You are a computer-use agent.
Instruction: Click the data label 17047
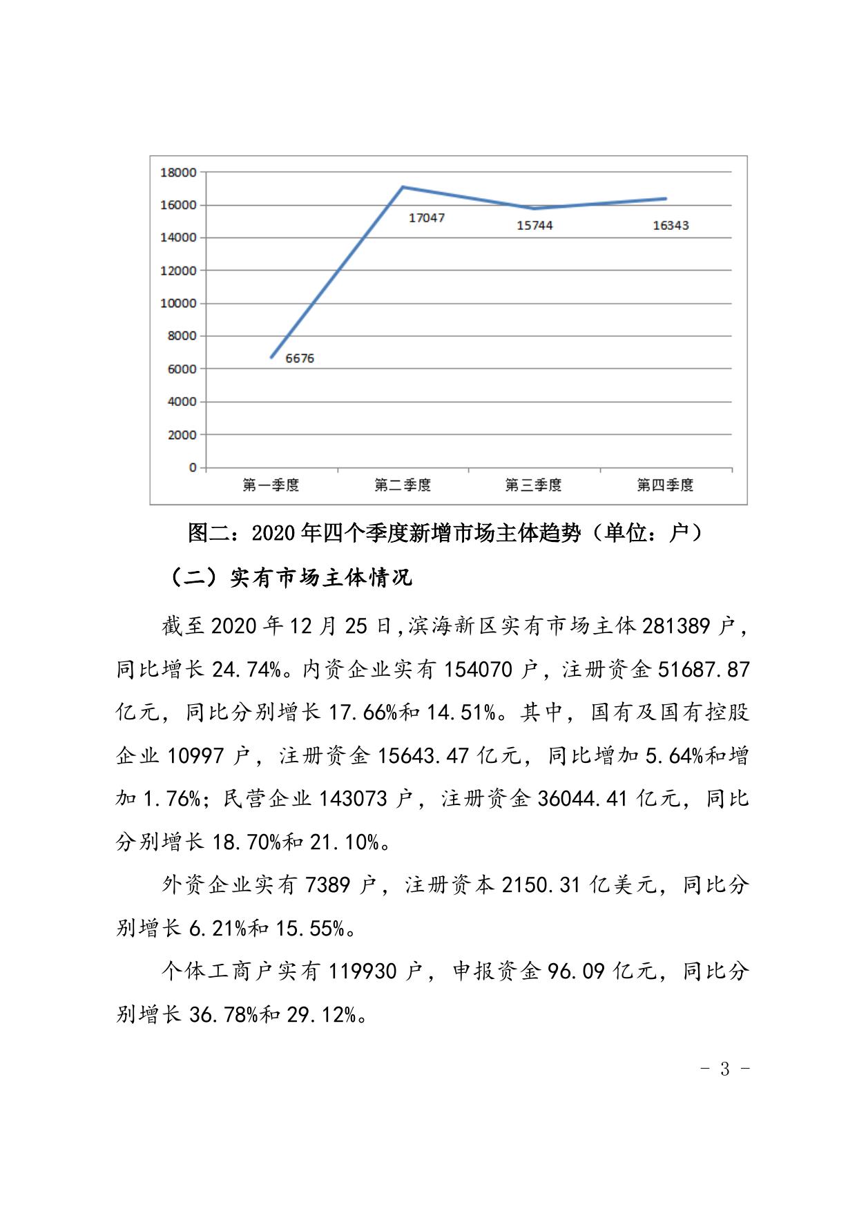tap(426, 218)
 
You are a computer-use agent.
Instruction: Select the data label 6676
tap(300, 358)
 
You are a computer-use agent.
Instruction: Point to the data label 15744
tap(535, 226)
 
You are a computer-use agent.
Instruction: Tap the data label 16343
tap(671, 226)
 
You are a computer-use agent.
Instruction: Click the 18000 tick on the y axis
tap(178, 173)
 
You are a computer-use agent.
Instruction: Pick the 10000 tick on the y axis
tap(178, 304)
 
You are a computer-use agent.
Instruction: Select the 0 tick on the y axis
tap(192, 468)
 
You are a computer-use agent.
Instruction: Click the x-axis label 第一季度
tap(271, 485)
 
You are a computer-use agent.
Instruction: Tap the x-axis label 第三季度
tap(533, 485)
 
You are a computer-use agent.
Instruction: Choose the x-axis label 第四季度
tap(664, 485)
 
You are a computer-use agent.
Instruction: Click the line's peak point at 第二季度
tap(403, 187)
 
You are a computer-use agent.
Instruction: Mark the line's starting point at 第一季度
tap(271, 357)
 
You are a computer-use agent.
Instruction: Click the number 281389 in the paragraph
tap(676, 626)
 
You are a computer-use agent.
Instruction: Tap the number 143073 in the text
tap(354, 799)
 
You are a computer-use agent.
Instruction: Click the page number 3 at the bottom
tap(725, 1069)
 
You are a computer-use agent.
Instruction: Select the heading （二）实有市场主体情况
tap(290, 577)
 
